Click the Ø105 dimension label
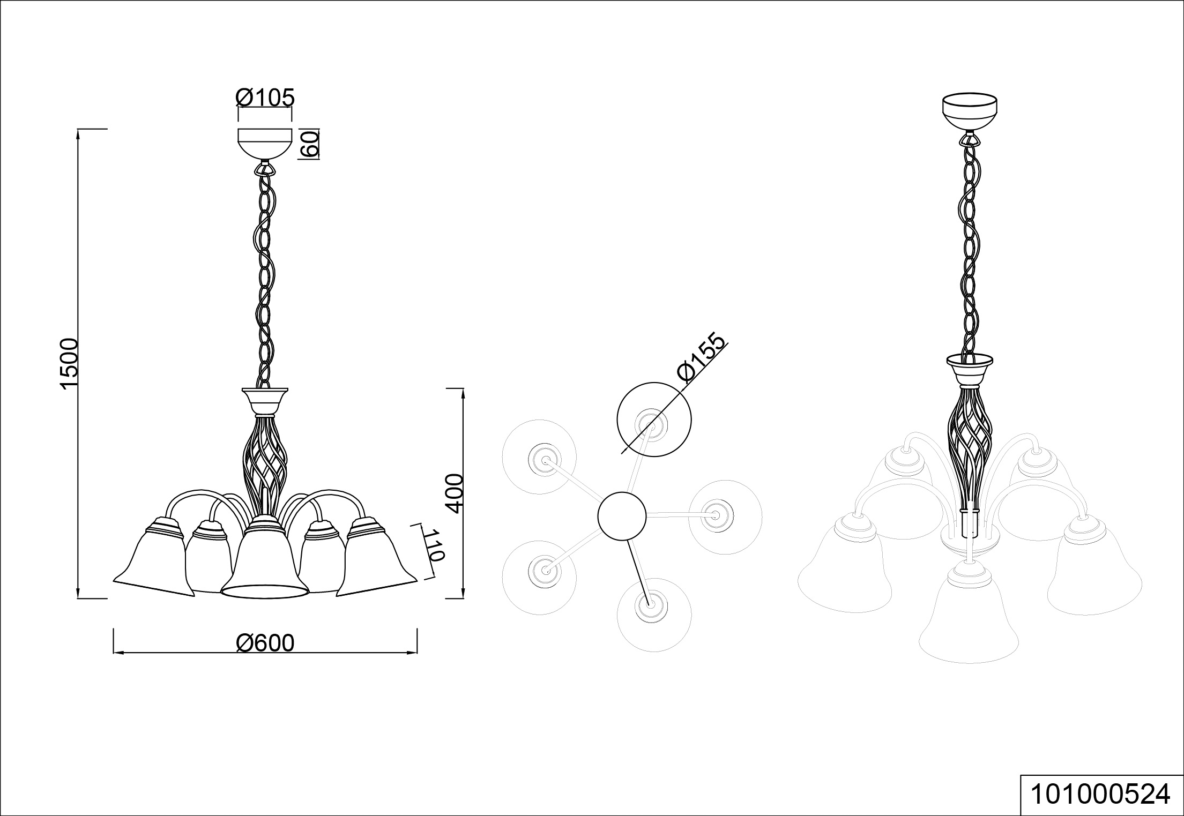(265, 98)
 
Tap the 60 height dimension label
(310, 144)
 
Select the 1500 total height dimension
(70, 364)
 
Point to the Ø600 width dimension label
(265, 643)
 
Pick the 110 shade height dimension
(434, 545)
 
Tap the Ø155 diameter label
(702, 357)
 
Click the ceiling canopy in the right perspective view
(970, 111)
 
